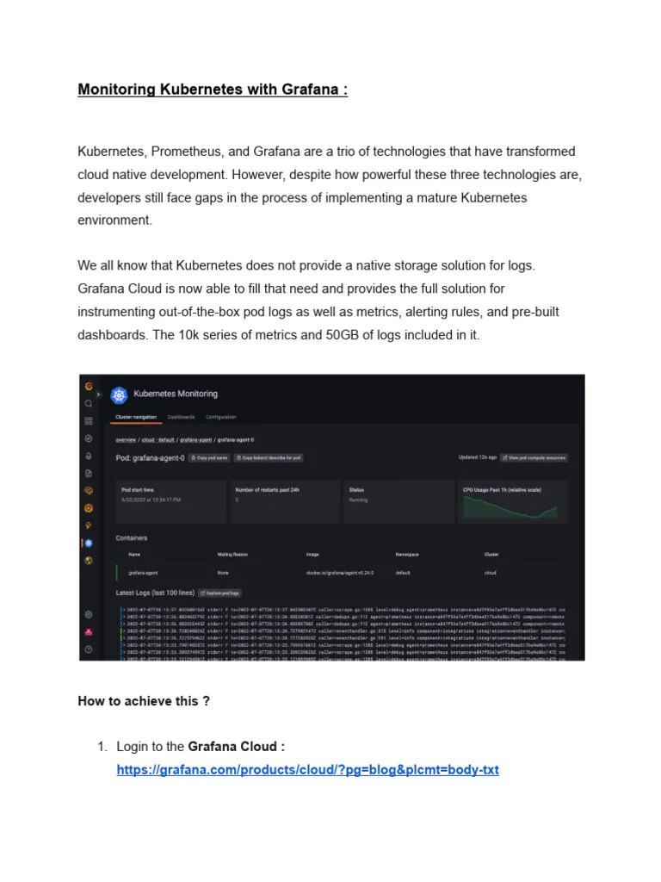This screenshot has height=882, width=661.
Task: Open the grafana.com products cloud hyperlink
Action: click(x=307, y=769)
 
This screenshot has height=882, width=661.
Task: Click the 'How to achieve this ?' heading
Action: click(x=144, y=701)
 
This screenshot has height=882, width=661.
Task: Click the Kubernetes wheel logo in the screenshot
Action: click(x=118, y=394)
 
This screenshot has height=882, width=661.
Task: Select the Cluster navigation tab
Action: click(x=136, y=417)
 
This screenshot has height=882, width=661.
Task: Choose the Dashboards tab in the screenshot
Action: click(x=181, y=417)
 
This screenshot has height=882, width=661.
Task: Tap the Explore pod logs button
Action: click(x=220, y=593)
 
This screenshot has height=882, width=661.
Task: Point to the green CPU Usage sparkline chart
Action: click(x=515, y=509)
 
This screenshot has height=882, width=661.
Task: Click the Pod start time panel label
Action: click(x=137, y=489)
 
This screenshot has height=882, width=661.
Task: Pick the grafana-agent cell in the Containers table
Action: click(x=143, y=572)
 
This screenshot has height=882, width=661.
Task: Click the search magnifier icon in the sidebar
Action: click(x=88, y=403)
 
